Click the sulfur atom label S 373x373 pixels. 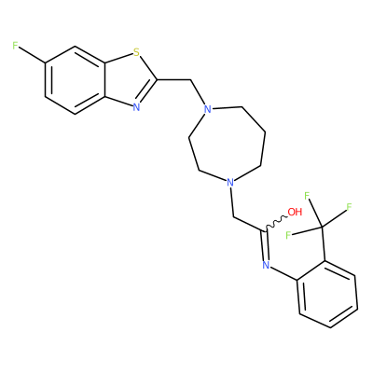pyautogui.click(x=136, y=52)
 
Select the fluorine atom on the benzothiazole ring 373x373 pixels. pyautogui.click(x=16, y=46)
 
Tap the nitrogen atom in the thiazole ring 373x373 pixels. pyautogui.click(x=136, y=107)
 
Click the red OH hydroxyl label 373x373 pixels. pyautogui.click(x=295, y=212)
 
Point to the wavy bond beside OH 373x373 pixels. pyautogui.click(x=276, y=223)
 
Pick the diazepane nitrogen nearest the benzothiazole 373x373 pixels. pyautogui.click(x=207, y=109)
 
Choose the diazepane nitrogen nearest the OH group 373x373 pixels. pyautogui.click(x=229, y=182)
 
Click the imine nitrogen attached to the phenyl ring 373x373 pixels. pyautogui.click(x=266, y=265)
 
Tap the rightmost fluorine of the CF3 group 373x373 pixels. pyautogui.click(x=349, y=207)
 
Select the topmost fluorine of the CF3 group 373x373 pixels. pyautogui.click(x=307, y=196)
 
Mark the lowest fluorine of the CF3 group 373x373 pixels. pyautogui.click(x=288, y=235)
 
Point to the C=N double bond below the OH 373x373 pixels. pyautogui.click(x=265, y=245)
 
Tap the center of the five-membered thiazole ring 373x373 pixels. pyautogui.click(x=129, y=80)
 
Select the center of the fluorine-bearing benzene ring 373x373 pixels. pyautogui.click(x=75, y=80)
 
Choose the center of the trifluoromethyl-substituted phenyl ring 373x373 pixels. pyautogui.click(x=327, y=294)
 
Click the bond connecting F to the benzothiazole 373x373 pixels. pyautogui.click(x=33, y=55)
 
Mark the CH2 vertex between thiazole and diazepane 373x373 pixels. pyautogui.click(x=190, y=80)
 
